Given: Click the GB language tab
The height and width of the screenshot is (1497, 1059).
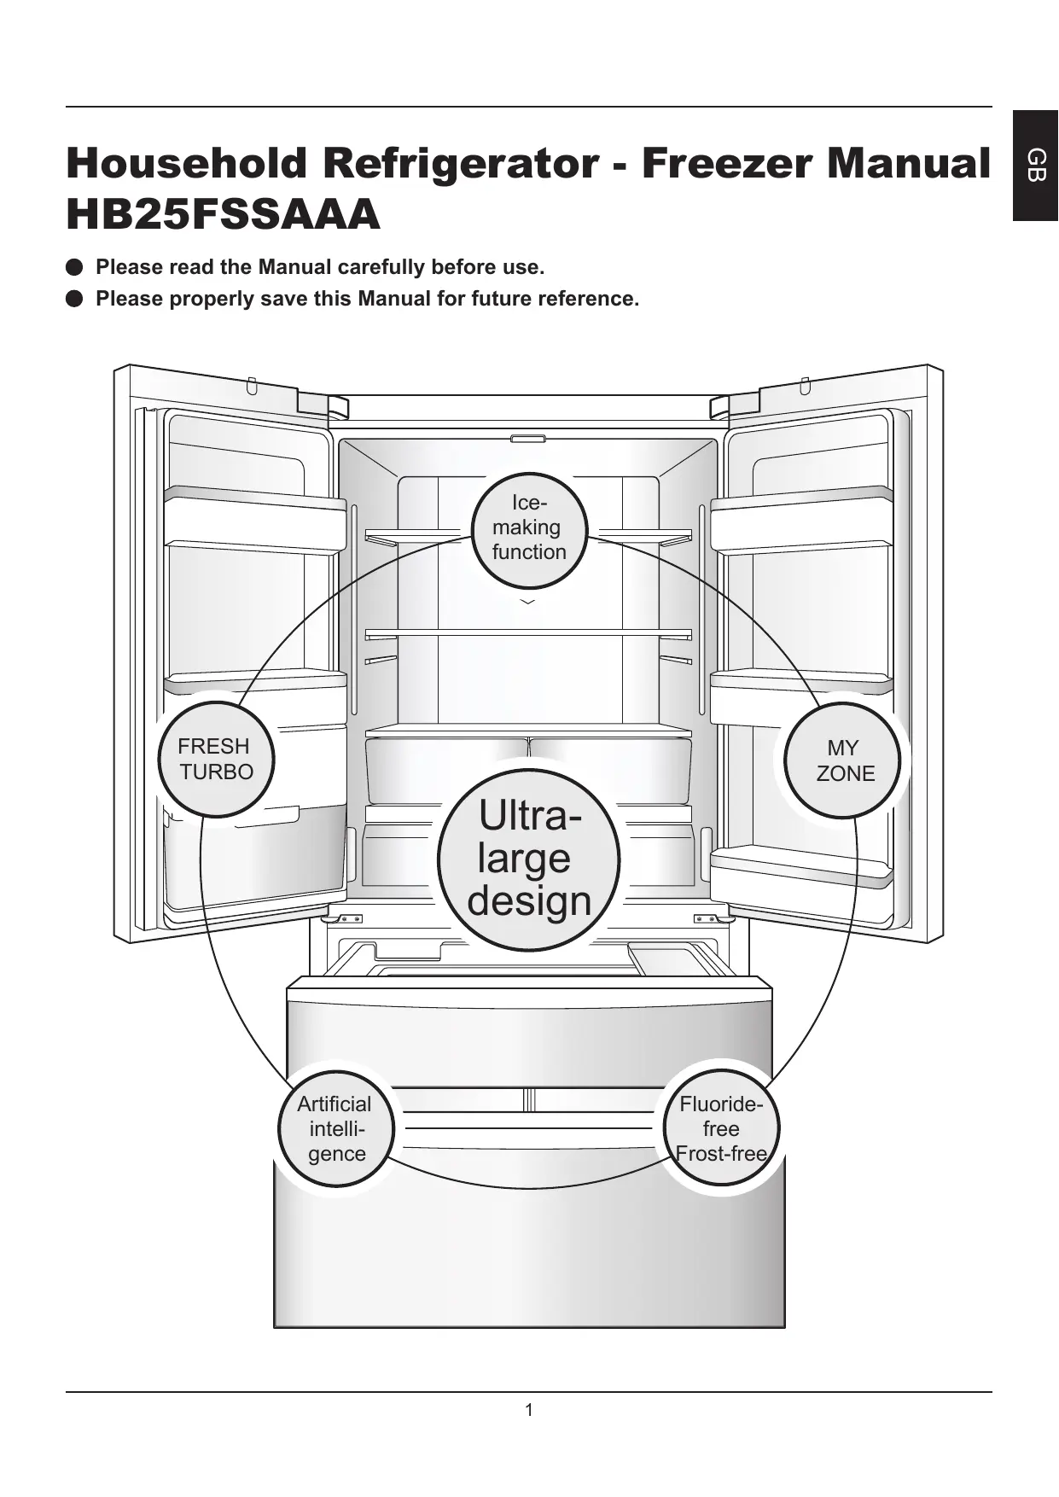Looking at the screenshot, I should [x=1035, y=165].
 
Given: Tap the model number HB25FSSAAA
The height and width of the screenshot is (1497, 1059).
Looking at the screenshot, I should [x=223, y=215].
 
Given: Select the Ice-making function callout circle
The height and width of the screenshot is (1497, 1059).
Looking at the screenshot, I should [x=529, y=529].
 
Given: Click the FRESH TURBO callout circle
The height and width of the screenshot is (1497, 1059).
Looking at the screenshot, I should [x=216, y=759].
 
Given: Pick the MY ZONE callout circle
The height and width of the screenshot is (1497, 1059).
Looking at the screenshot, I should [x=843, y=760].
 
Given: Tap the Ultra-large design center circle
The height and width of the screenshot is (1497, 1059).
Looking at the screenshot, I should [x=529, y=859].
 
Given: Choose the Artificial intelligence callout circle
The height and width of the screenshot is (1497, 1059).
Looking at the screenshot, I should [x=335, y=1128].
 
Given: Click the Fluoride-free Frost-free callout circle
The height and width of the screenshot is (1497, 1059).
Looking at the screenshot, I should [x=721, y=1128].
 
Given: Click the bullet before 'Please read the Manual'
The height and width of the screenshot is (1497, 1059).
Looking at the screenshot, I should [x=74, y=267].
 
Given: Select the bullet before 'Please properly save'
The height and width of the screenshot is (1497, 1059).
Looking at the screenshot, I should [x=74, y=299].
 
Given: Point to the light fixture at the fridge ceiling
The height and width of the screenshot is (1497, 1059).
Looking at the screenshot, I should [x=528, y=440].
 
